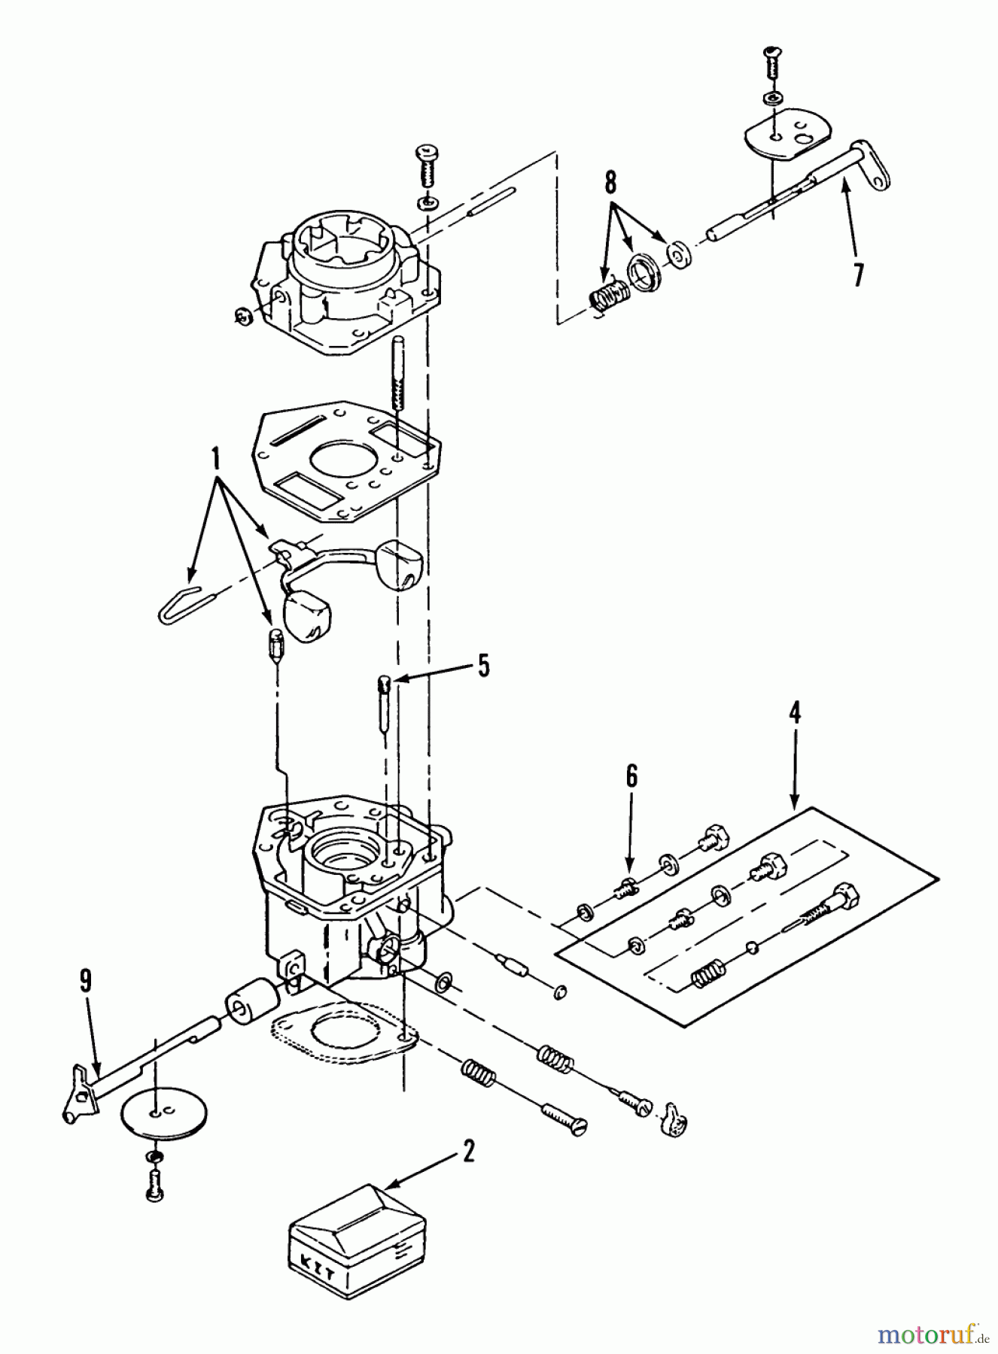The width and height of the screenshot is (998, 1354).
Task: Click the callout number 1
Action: (x=215, y=457)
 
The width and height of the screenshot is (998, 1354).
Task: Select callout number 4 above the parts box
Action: (x=794, y=712)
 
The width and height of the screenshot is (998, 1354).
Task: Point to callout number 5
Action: (x=482, y=665)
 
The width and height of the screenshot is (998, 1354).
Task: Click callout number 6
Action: (x=631, y=776)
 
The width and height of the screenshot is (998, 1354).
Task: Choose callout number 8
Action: (x=610, y=182)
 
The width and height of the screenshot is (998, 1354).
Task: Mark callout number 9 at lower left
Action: (x=85, y=979)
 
